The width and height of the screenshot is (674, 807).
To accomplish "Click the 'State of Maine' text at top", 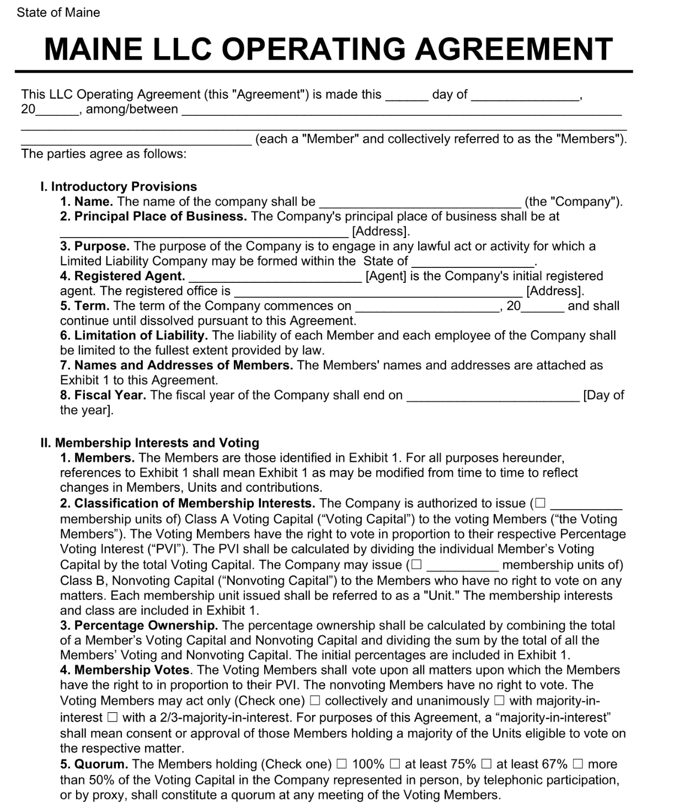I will coord(58,13).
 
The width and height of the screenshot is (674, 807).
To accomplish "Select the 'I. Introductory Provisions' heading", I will coord(119,186).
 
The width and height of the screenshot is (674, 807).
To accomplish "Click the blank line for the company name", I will coord(420,202).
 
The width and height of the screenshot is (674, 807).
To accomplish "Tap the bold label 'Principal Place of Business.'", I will coord(160,217).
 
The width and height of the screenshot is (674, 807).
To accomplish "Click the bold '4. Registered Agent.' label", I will coord(122,276).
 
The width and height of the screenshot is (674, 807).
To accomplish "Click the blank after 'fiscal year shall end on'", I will coord(493,396).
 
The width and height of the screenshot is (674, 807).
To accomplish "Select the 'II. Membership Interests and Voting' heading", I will coord(149,443).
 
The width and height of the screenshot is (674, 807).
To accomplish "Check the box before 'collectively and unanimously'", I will coord(314,701).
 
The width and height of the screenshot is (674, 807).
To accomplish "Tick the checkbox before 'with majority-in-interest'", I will coord(499,701).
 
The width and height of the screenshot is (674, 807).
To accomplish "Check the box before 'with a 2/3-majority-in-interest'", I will coord(113,718).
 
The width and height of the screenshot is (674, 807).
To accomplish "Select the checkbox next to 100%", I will coord(342,764).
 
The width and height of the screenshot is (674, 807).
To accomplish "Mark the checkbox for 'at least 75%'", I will coord(395,764).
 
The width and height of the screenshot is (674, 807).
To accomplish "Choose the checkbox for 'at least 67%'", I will coord(486,764).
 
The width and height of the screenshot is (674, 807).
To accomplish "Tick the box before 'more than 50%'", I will coord(578,764).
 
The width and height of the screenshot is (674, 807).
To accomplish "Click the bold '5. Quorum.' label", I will coord(94,765).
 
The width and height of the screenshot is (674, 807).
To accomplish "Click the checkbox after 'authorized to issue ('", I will coord(540,503).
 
